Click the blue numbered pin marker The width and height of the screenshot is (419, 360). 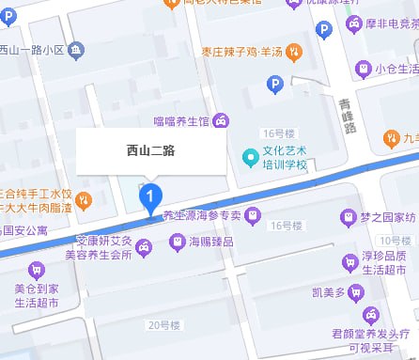(x=151, y=197)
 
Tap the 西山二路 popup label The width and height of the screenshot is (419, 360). (x=151, y=149)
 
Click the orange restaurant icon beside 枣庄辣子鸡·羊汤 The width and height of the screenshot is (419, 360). (x=294, y=51)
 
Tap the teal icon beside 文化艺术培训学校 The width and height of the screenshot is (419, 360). (x=249, y=156)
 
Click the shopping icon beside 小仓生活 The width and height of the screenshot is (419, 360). (x=364, y=68)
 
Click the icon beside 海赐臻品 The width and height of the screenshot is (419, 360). (x=176, y=242)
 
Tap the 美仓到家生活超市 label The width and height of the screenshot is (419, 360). (x=37, y=296)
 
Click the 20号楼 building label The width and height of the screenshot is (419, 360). (x=163, y=325)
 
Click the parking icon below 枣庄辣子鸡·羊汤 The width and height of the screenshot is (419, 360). (x=275, y=86)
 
